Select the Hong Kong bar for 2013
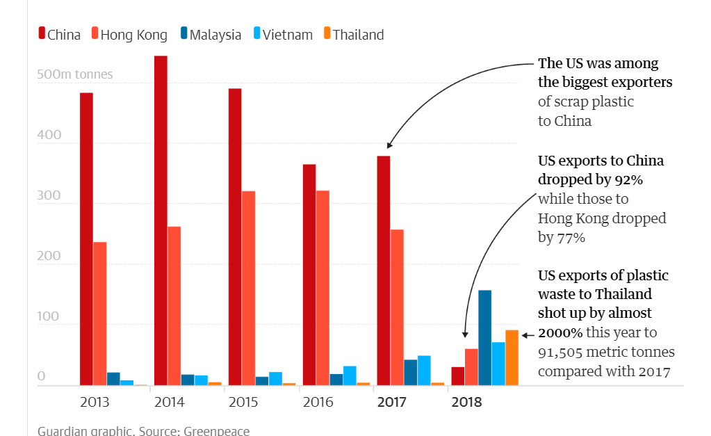tap(100, 313)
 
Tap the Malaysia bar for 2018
tap(484, 337)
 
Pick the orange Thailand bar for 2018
tap(512, 357)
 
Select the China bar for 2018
tap(457, 376)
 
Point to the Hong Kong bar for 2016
tap(322, 287)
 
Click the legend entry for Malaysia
tap(210, 35)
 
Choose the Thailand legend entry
tap(353, 35)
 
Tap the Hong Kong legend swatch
tap(95, 34)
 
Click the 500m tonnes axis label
tap(74, 74)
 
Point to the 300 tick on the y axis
tap(50, 196)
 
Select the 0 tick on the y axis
tap(41, 377)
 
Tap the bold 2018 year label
tap(466, 402)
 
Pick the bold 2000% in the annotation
tap(560, 332)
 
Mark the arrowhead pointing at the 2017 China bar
tap(389, 146)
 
